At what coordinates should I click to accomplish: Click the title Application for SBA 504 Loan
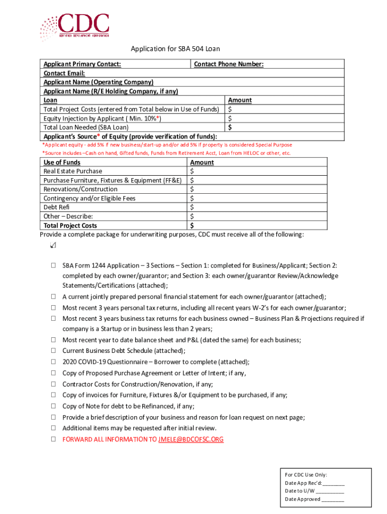point(175,49)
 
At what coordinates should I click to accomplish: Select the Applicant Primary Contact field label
point(82,64)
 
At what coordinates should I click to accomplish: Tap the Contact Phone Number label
point(229,64)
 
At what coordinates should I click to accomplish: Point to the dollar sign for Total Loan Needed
point(230,127)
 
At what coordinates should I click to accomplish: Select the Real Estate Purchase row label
point(72,171)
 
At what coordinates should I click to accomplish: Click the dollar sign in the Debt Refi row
point(192,207)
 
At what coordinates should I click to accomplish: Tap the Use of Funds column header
point(62,162)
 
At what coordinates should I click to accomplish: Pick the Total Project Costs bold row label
point(70,226)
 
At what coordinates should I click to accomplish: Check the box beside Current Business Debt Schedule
point(53,351)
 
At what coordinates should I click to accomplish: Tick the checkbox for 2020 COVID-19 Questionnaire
point(53,362)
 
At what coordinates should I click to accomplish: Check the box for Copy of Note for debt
point(53,407)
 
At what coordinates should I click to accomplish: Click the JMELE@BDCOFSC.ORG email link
point(190,439)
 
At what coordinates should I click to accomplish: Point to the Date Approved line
point(333,499)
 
